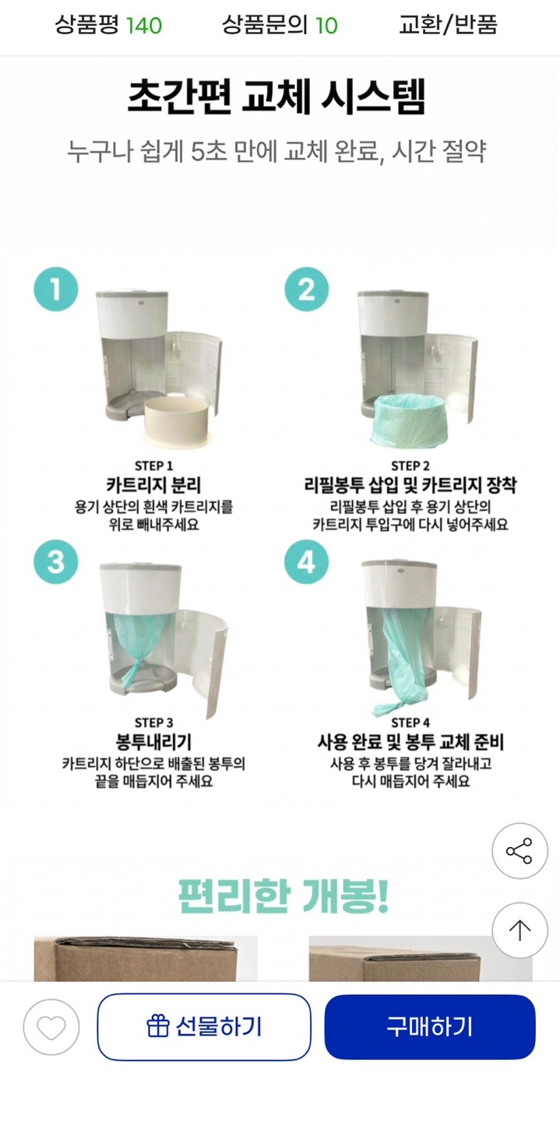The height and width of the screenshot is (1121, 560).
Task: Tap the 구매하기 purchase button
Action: coord(430,1026)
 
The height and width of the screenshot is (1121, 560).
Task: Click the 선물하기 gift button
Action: coord(204,1026)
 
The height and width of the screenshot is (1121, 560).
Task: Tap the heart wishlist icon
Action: coord(51,1027)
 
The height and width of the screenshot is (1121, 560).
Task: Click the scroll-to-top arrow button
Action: coord(519,930)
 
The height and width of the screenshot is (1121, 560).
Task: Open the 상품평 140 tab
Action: coord(108,25)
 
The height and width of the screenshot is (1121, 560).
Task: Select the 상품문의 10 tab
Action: coord(280,25)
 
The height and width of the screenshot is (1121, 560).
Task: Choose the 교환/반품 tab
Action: coord(448,25)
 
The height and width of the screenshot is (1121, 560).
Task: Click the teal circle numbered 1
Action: coord(56,290)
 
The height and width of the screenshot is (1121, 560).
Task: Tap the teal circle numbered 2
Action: coord(307,290)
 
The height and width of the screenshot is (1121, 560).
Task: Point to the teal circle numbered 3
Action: coord(56,561)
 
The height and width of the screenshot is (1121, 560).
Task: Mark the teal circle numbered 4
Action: coord(307,561)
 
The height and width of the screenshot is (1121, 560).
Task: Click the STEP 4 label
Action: coord(410,722)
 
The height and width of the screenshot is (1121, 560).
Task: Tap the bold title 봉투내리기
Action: coord(153,742)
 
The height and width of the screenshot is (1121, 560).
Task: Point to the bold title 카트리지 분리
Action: coord(153,485)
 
